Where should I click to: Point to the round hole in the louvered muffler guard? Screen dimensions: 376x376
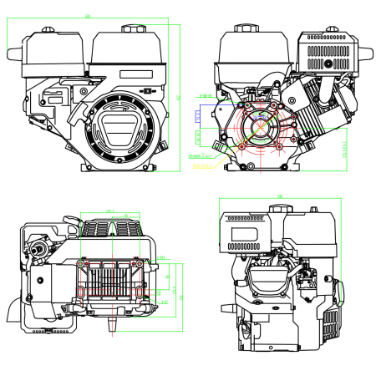click(x=328, y=63)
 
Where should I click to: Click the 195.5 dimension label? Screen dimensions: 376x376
click(x=109, y=211)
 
